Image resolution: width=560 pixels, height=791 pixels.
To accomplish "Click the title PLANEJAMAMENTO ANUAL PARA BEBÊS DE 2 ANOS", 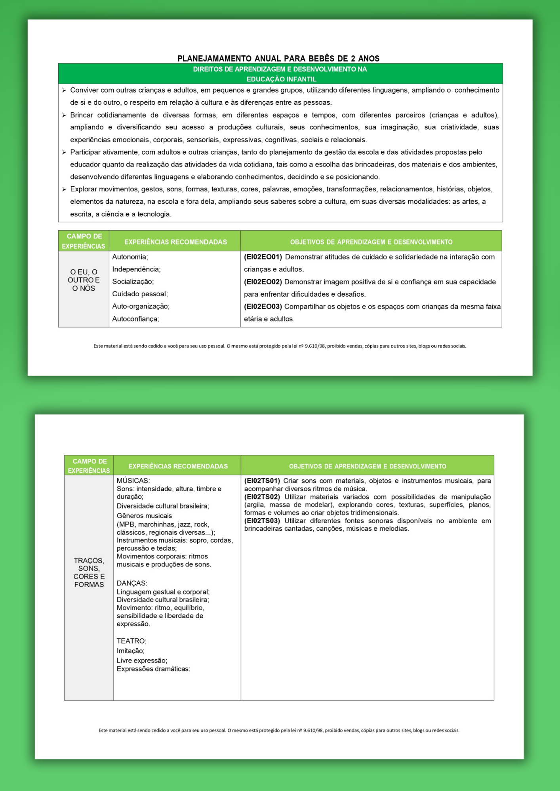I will [x=278, y=59].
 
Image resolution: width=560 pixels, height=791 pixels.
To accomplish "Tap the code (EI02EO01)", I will [x=263, y=257].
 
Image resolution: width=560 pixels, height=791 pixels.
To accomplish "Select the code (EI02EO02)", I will [x=263, y=282].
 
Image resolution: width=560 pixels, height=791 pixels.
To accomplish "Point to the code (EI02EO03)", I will [x=263, y=307].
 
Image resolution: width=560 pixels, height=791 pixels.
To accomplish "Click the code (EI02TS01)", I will [x=262, y=481].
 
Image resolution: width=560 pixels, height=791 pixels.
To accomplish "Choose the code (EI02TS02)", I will [x=262, y=497].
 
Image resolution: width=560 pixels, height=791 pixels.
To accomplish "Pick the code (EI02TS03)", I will [x=262, y=521].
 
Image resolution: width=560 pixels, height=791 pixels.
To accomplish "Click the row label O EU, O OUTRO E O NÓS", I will [x=84, y=280].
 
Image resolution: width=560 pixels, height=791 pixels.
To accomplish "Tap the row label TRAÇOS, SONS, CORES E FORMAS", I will [x=89, y=572].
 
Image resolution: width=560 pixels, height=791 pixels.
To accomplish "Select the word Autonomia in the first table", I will [x=129, y=257].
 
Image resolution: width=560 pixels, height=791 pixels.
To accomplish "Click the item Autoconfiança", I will [x=135, y=319].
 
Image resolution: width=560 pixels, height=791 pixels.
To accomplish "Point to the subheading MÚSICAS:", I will [x=133, y=481].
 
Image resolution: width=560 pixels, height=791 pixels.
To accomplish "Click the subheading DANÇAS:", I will [x=132, y=583].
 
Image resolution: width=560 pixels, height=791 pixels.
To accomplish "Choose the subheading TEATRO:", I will [x=131, y=641].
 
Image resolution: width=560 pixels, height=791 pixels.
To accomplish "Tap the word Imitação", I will [x=130, y=651].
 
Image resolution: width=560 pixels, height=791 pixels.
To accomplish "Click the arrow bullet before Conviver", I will [x=64, y=91].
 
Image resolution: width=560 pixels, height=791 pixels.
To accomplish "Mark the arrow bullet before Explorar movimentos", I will [x=64, y=189].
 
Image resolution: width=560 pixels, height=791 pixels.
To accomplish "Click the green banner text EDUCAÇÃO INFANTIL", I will [x=281, y=79].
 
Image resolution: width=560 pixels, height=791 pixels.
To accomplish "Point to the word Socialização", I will [x=132, y=282].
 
